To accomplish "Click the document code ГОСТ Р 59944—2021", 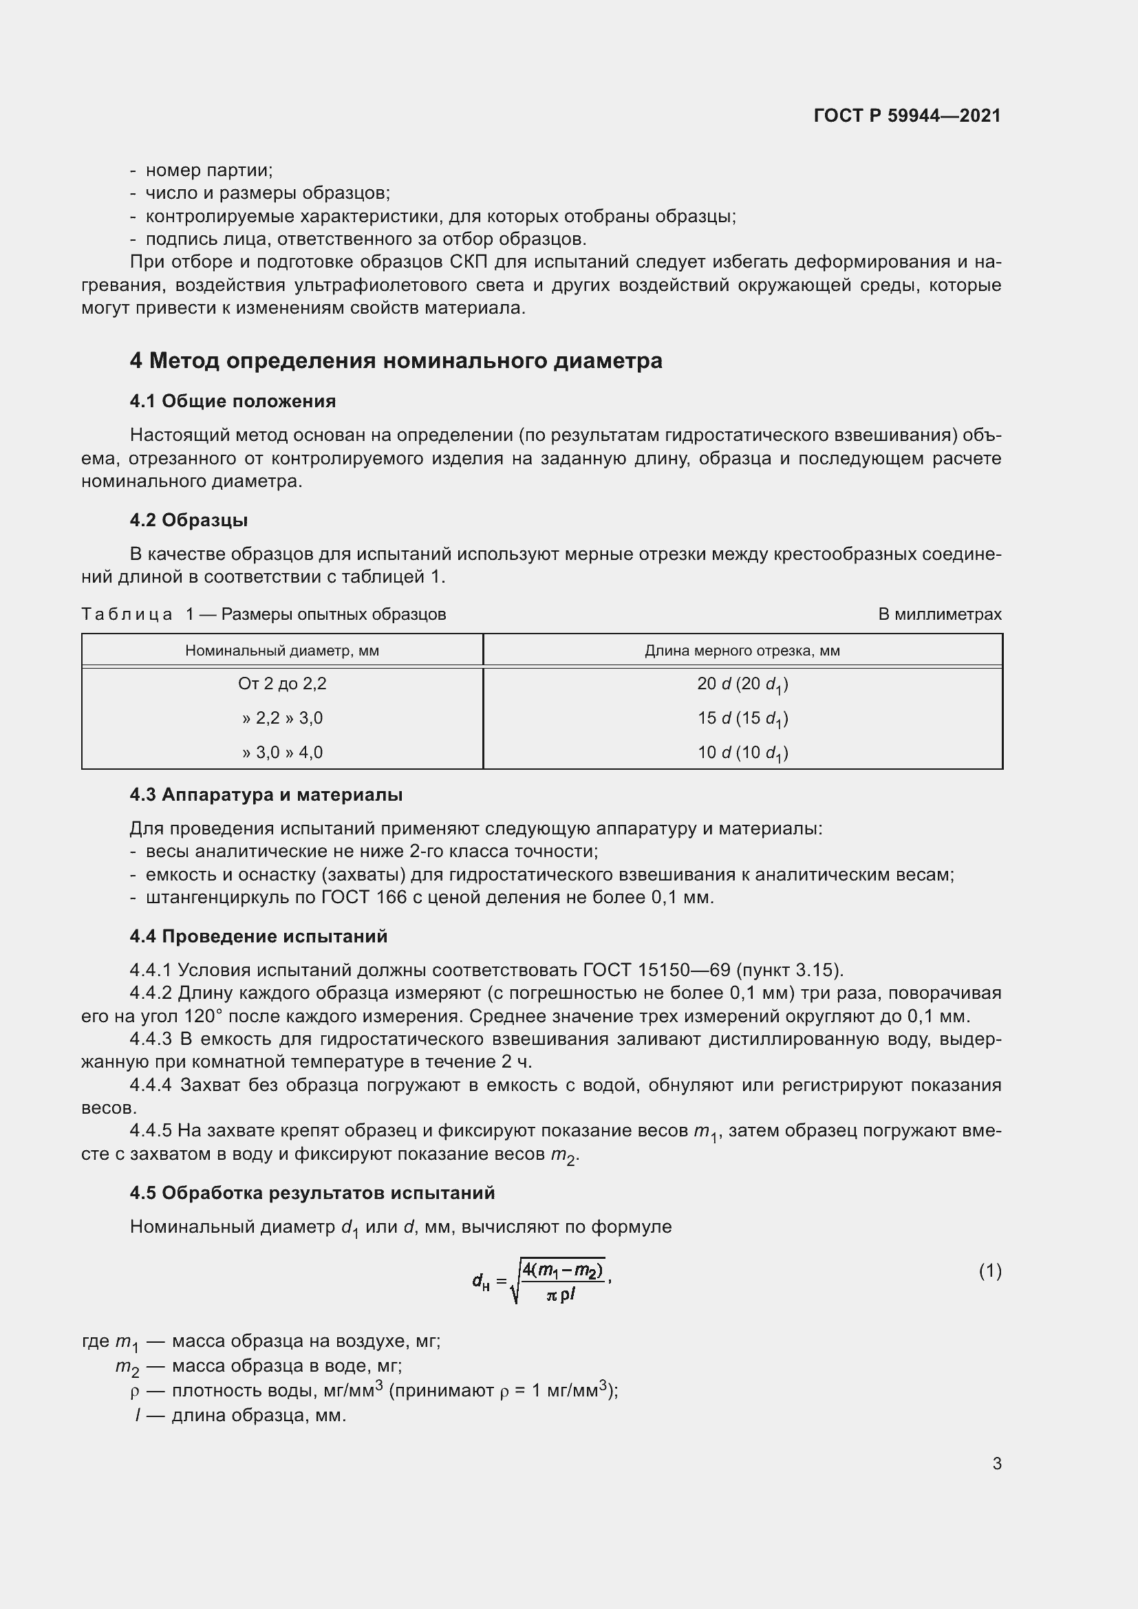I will (907, 116).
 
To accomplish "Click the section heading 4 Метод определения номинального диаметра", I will (396, 361).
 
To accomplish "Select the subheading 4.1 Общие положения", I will (233, 401).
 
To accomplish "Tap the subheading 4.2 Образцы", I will (189, 520).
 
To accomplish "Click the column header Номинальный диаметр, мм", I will (281, 650).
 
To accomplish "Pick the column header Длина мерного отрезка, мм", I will (742, 650).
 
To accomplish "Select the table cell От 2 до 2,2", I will (281, 683).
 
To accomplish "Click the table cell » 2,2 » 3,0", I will (281, 717).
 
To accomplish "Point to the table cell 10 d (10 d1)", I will (742, 753).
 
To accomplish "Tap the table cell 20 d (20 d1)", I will (742, 684).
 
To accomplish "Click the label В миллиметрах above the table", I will (939, 614).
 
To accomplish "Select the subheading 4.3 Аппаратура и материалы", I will (266, 795).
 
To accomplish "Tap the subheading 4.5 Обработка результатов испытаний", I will (312, 1193).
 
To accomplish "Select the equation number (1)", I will (989, 1271).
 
